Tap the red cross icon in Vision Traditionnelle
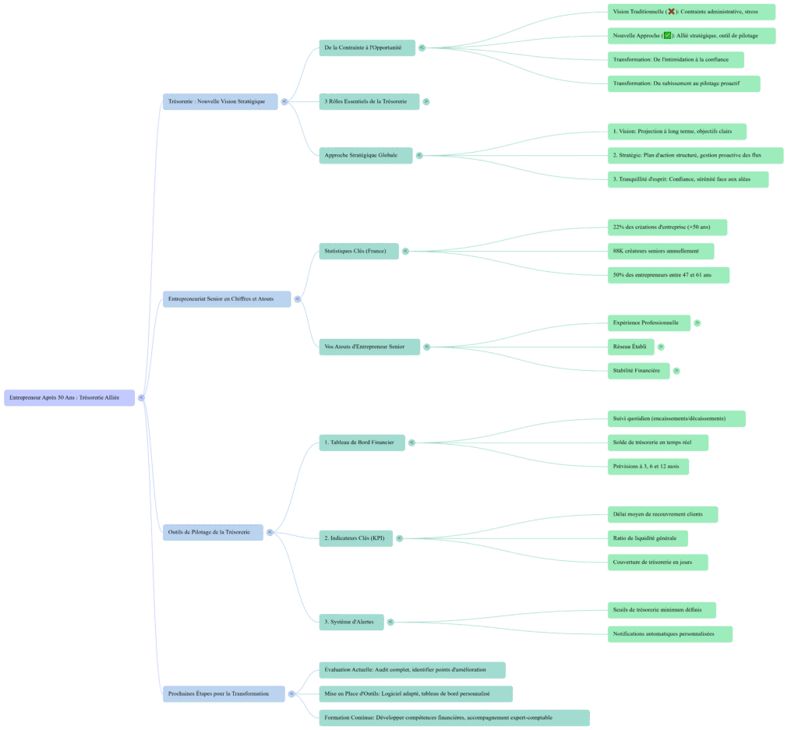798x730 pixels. [x=671, y=12]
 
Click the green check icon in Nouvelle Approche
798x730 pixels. [x=667, y=36]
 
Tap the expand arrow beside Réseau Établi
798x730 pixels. [x=661, y=347]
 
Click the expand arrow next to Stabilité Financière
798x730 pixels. [x=676, y=371]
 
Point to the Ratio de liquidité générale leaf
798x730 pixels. [x=646, y=538]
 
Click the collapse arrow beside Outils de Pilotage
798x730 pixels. [x=270, y=532]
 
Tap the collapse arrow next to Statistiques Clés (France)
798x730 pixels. [x=405, y=251]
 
